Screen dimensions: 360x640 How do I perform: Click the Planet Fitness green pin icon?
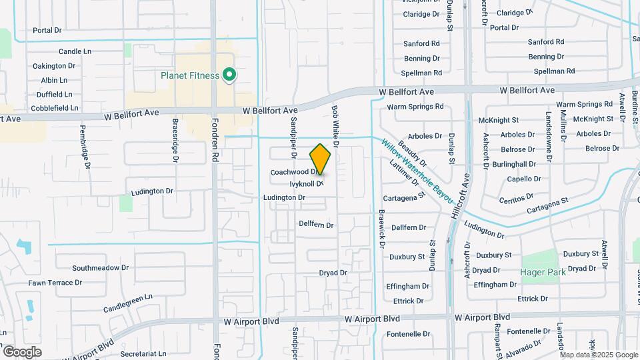(229, 75)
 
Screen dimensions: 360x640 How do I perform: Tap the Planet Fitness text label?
(190, 75)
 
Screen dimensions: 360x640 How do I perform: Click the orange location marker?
(321, 159)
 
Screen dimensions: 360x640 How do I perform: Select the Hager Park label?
(543, 272)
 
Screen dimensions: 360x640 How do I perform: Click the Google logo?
(22, 351)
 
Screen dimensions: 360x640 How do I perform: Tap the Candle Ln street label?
(75, 51)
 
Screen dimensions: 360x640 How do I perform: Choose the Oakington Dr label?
(59, 66)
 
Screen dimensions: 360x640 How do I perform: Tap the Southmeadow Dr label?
(100, 268)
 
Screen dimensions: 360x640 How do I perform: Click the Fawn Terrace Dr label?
(55, 283)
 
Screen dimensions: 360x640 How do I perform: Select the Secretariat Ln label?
(143, 353)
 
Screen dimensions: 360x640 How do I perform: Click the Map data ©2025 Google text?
(599, 355)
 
